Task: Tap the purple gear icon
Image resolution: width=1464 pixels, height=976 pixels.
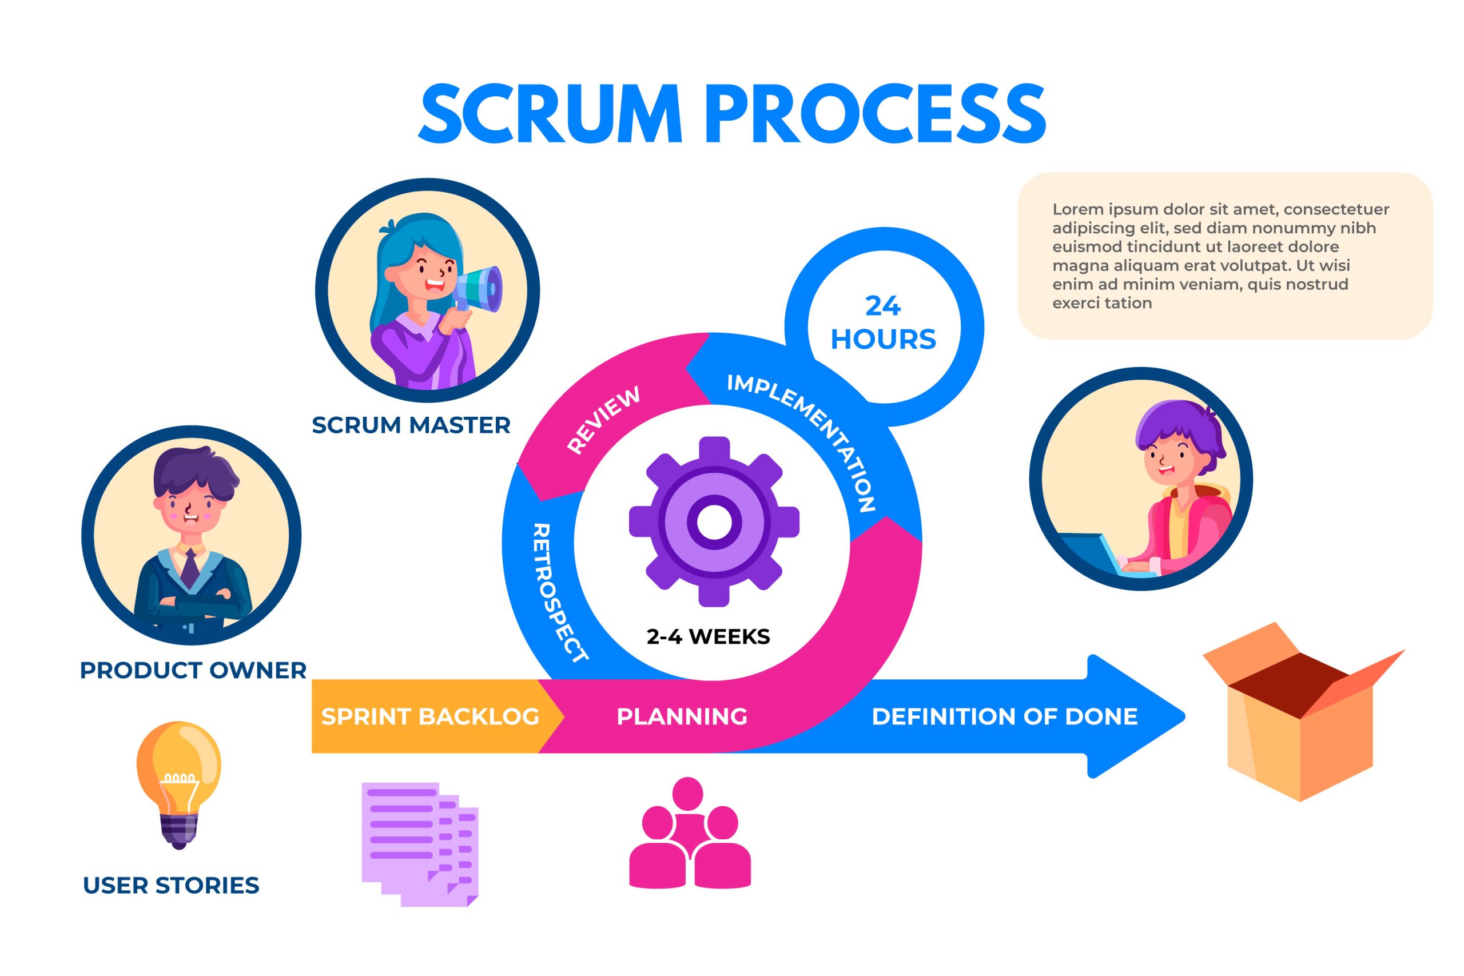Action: click(x=714, y=521)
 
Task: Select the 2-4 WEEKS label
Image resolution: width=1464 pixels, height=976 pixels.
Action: click(x=709, y=636)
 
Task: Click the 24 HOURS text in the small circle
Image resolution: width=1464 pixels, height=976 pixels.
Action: click(x=883, y=323)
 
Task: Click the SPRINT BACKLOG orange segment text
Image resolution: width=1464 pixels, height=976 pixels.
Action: click(x=430, y=716)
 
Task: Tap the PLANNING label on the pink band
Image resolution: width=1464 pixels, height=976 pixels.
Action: click(x=682, y=716)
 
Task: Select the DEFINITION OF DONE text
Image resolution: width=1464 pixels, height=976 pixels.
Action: click(x=1005, y=716)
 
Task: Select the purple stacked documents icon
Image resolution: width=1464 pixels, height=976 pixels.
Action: click(x=420, y=843)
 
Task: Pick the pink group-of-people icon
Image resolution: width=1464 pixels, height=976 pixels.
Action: click(x=690, y=834)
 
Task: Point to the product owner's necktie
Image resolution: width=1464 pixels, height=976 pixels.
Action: click(x=190, y=568)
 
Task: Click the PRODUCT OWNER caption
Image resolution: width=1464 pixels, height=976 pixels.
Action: click(x=193, y=670)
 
